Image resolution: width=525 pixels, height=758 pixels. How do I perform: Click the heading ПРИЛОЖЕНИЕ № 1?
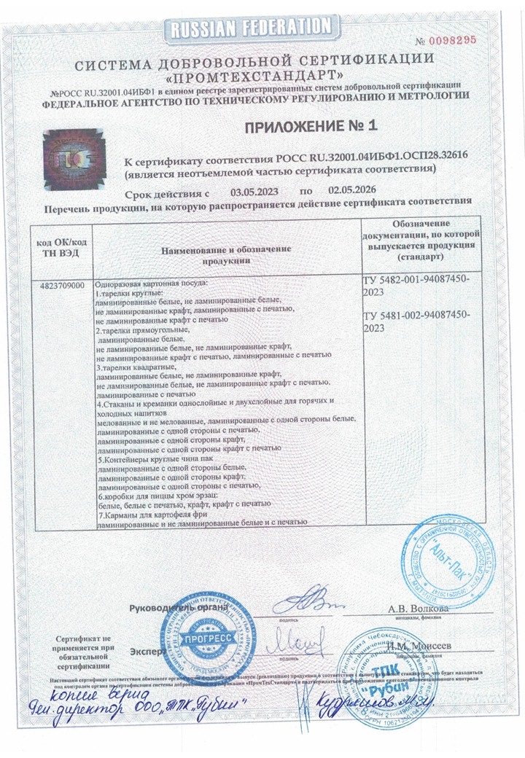[x=311, y=126]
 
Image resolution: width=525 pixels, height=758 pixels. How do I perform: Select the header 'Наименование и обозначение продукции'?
[x=226, y=254]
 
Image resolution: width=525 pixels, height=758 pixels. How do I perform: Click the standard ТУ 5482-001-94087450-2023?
[x=416, y=285]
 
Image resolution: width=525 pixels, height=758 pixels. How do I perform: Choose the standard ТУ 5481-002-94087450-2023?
[x=416, y=321]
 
